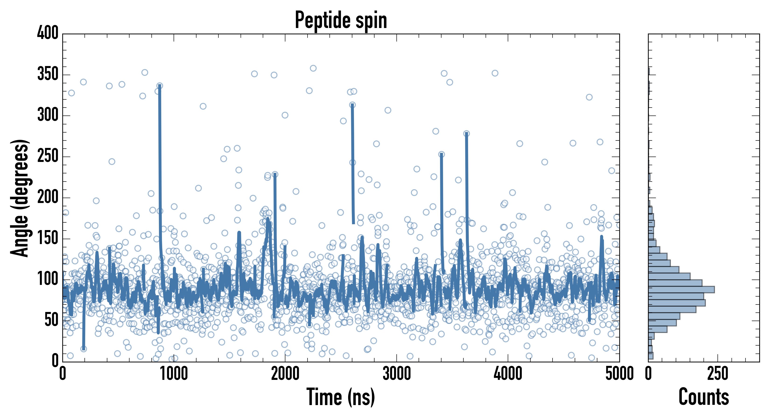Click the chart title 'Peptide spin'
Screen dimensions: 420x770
(x=341, y=20)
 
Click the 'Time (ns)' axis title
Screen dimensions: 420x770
(x=341, y=397)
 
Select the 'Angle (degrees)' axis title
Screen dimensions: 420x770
(x=20, y=198)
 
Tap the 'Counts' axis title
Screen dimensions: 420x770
(x=704, y=397)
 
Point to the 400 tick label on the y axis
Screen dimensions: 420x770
(x=48, y=33)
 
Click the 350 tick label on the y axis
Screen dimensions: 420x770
(x=48, y=74)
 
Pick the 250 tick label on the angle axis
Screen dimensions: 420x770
(x=48, y=156)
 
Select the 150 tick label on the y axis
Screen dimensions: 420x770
(x=48, y=238)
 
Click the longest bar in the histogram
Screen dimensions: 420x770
(x=681, y=289)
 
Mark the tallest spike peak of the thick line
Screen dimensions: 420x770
(x=160, y=86)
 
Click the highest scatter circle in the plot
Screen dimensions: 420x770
(x=313, y=68)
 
